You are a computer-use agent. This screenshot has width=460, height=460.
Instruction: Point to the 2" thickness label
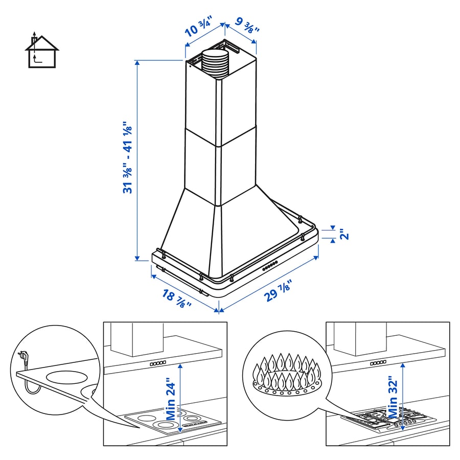tap(343, 234)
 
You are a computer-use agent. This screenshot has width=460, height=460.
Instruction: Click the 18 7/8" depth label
tap(177, 298)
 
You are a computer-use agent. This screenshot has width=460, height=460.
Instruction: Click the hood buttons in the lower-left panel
tap(157, 363)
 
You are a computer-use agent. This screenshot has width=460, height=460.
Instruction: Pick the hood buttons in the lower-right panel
tap(379, 362)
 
